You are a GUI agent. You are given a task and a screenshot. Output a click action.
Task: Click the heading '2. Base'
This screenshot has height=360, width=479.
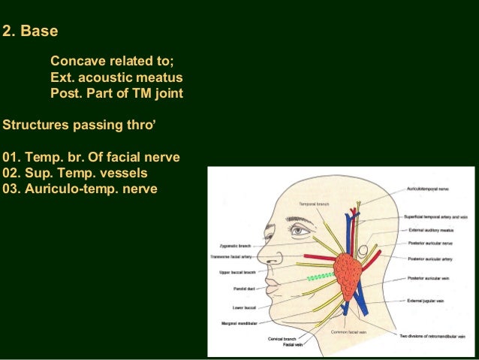[31, 32]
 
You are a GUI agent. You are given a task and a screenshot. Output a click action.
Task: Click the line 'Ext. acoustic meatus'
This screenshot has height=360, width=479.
[116, 77]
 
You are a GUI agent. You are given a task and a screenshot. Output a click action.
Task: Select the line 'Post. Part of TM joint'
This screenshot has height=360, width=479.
[116, 94]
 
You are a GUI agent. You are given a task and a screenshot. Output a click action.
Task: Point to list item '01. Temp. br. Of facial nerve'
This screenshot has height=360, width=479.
[92, 158]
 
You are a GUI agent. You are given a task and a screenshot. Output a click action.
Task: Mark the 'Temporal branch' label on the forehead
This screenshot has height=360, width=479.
[314, 204]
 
